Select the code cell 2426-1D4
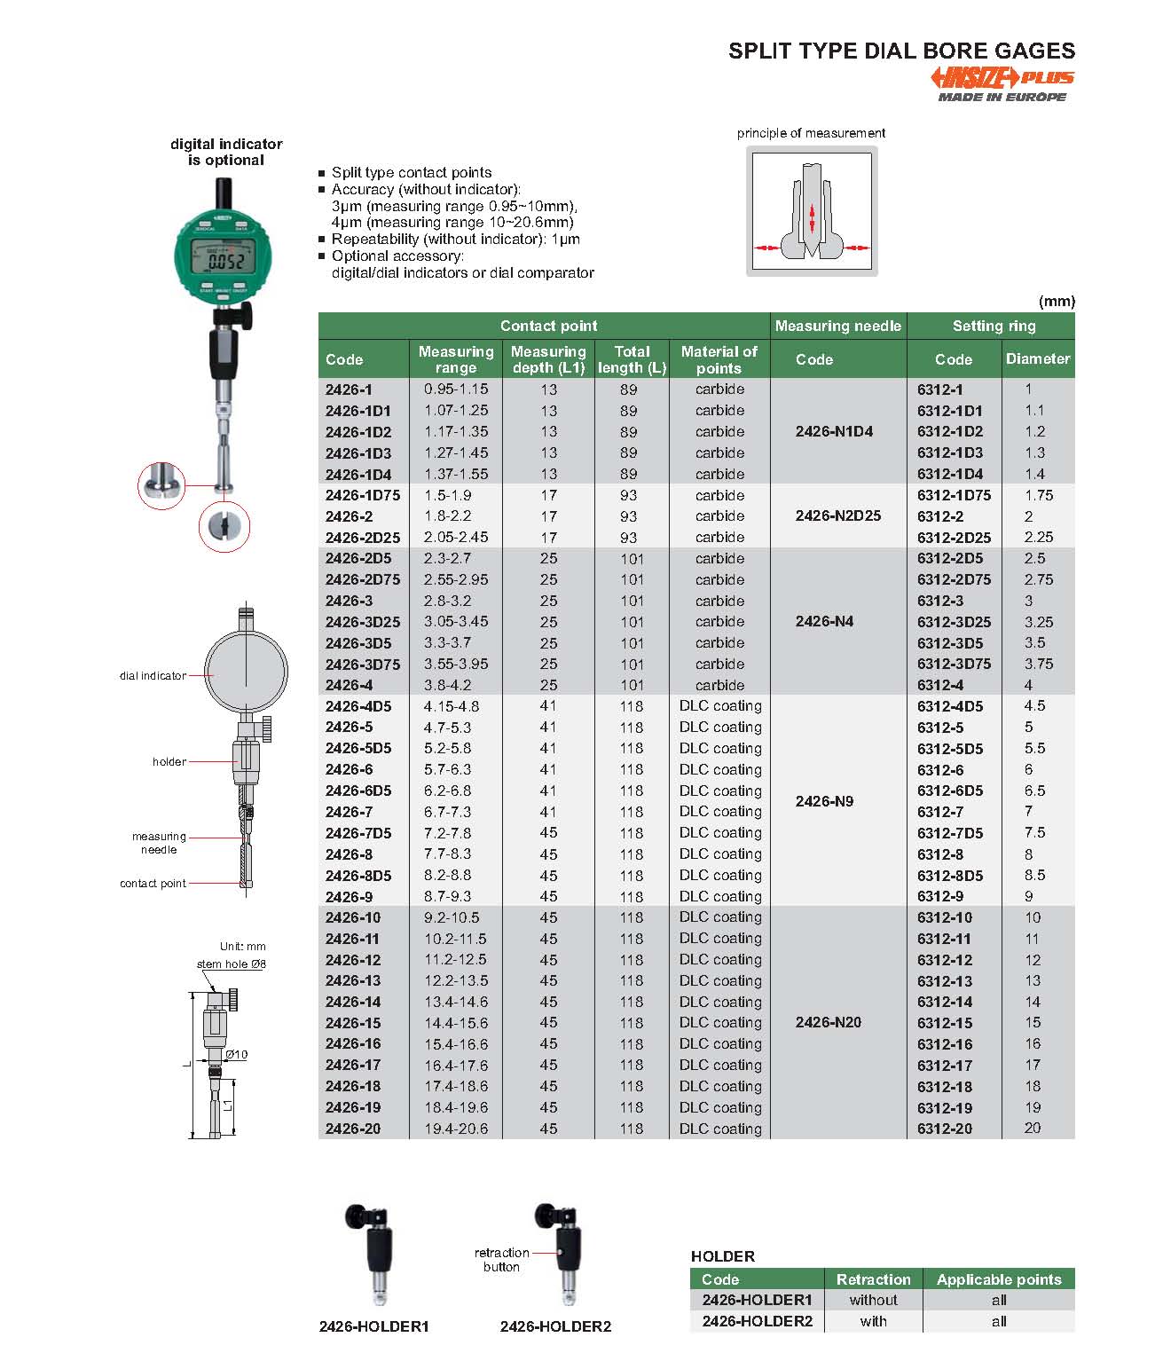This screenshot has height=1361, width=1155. [357, 475]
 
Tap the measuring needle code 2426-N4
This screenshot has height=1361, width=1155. [824, 621]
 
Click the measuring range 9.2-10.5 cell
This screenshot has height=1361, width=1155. [452, 917]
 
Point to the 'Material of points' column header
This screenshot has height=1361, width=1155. [719, 359]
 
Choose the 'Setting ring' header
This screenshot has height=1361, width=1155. [994, 326]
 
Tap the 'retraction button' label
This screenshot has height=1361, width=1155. [501, 1260]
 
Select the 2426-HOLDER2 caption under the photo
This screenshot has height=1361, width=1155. [555, 1326]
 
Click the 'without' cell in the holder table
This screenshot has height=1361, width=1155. [873, 1300]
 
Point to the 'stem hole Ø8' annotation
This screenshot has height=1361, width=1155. [232, 964]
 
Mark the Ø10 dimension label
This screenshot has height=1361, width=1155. [237, 1055]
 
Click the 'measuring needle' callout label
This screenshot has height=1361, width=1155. [159, 843]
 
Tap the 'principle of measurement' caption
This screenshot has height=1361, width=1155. [811, 133]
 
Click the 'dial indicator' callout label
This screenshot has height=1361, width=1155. [153, 676]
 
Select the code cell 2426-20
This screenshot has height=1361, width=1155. [352, 1129]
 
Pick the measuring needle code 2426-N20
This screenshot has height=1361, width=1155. [828, 1022]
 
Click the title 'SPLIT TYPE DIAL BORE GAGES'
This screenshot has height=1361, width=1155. [901, 51]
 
